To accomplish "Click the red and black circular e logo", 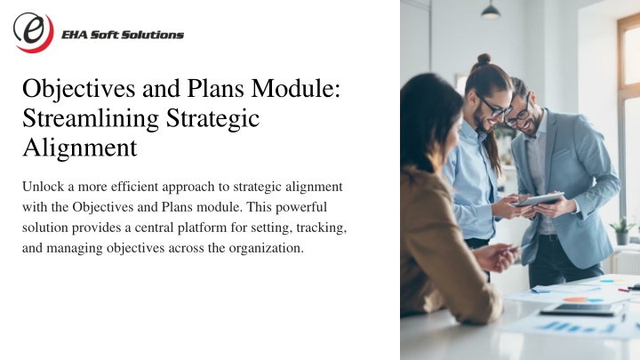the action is tap(34, 32).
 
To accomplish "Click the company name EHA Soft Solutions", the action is tap(123, 35).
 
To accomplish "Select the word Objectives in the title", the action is tap(79, 90).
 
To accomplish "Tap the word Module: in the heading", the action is tap(295, 88).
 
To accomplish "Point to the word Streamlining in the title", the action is tap(91, 119).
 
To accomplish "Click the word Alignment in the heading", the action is tap(80, 148).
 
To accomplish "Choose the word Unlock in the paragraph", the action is tap(44, 187).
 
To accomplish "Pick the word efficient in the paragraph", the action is tap(134, 187).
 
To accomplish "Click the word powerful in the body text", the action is tap(301, 207).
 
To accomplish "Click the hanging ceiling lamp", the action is tap(491, 10).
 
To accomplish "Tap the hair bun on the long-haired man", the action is tap(484, 59).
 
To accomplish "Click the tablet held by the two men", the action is tap(539, 199).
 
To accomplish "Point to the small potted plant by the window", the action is tap(622, 230).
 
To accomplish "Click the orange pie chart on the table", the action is tap(575, 300).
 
